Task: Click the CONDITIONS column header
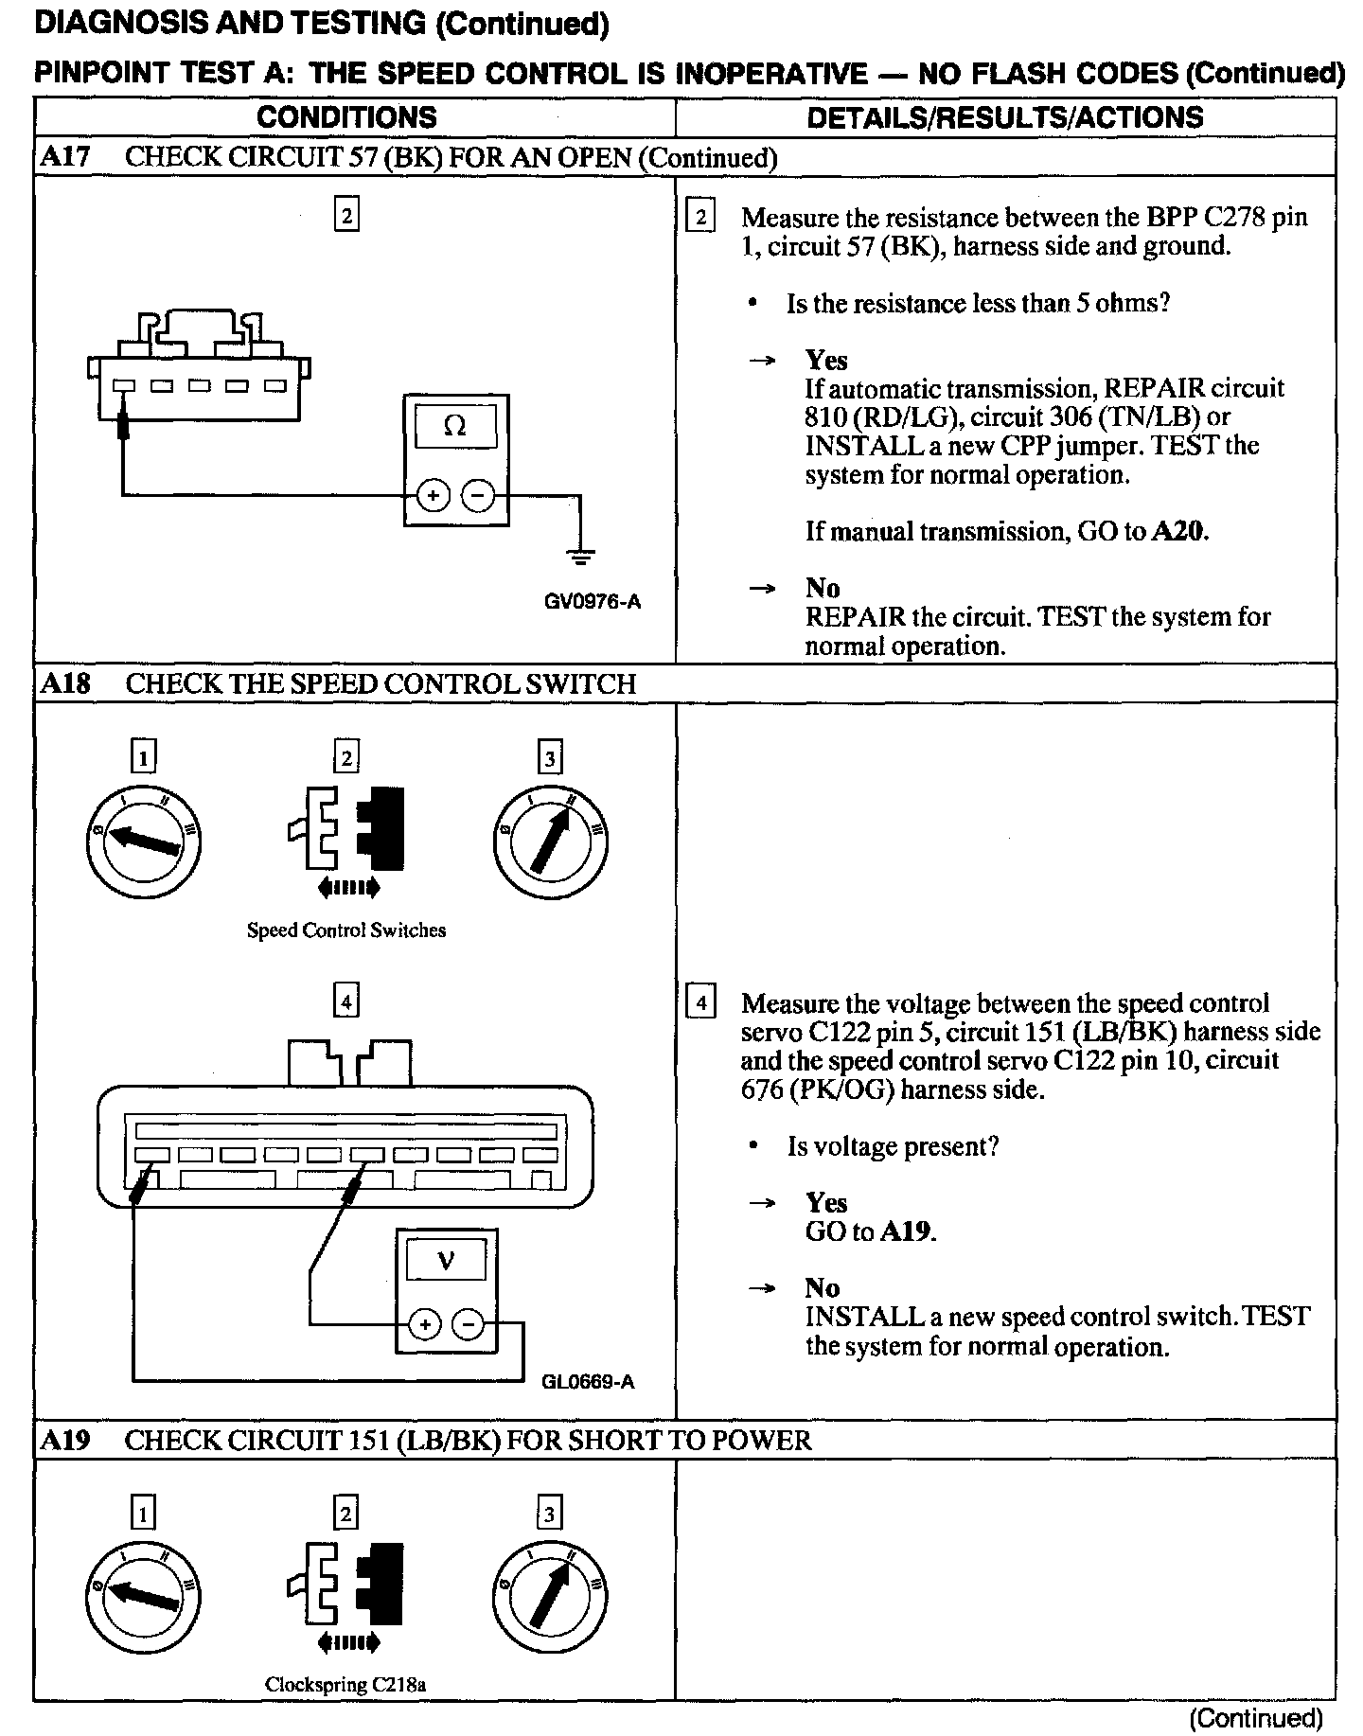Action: point(346,117)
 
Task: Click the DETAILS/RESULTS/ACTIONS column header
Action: point(1004,117)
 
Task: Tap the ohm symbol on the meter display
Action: point(454,426)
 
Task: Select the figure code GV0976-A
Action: point(593,601)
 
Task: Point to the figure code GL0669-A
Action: point(587,1382)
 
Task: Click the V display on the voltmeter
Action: point(446,1261)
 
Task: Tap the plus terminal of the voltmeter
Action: point(425,1324)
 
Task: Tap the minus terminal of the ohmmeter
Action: point(478,495)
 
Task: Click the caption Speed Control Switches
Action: point(345,930)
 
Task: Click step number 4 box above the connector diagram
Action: point(346,1001)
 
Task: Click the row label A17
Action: point(64,157)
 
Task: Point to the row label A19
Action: point(64,1441)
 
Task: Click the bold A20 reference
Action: point(1178,531)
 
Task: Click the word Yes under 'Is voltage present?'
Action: point(826,1203)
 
